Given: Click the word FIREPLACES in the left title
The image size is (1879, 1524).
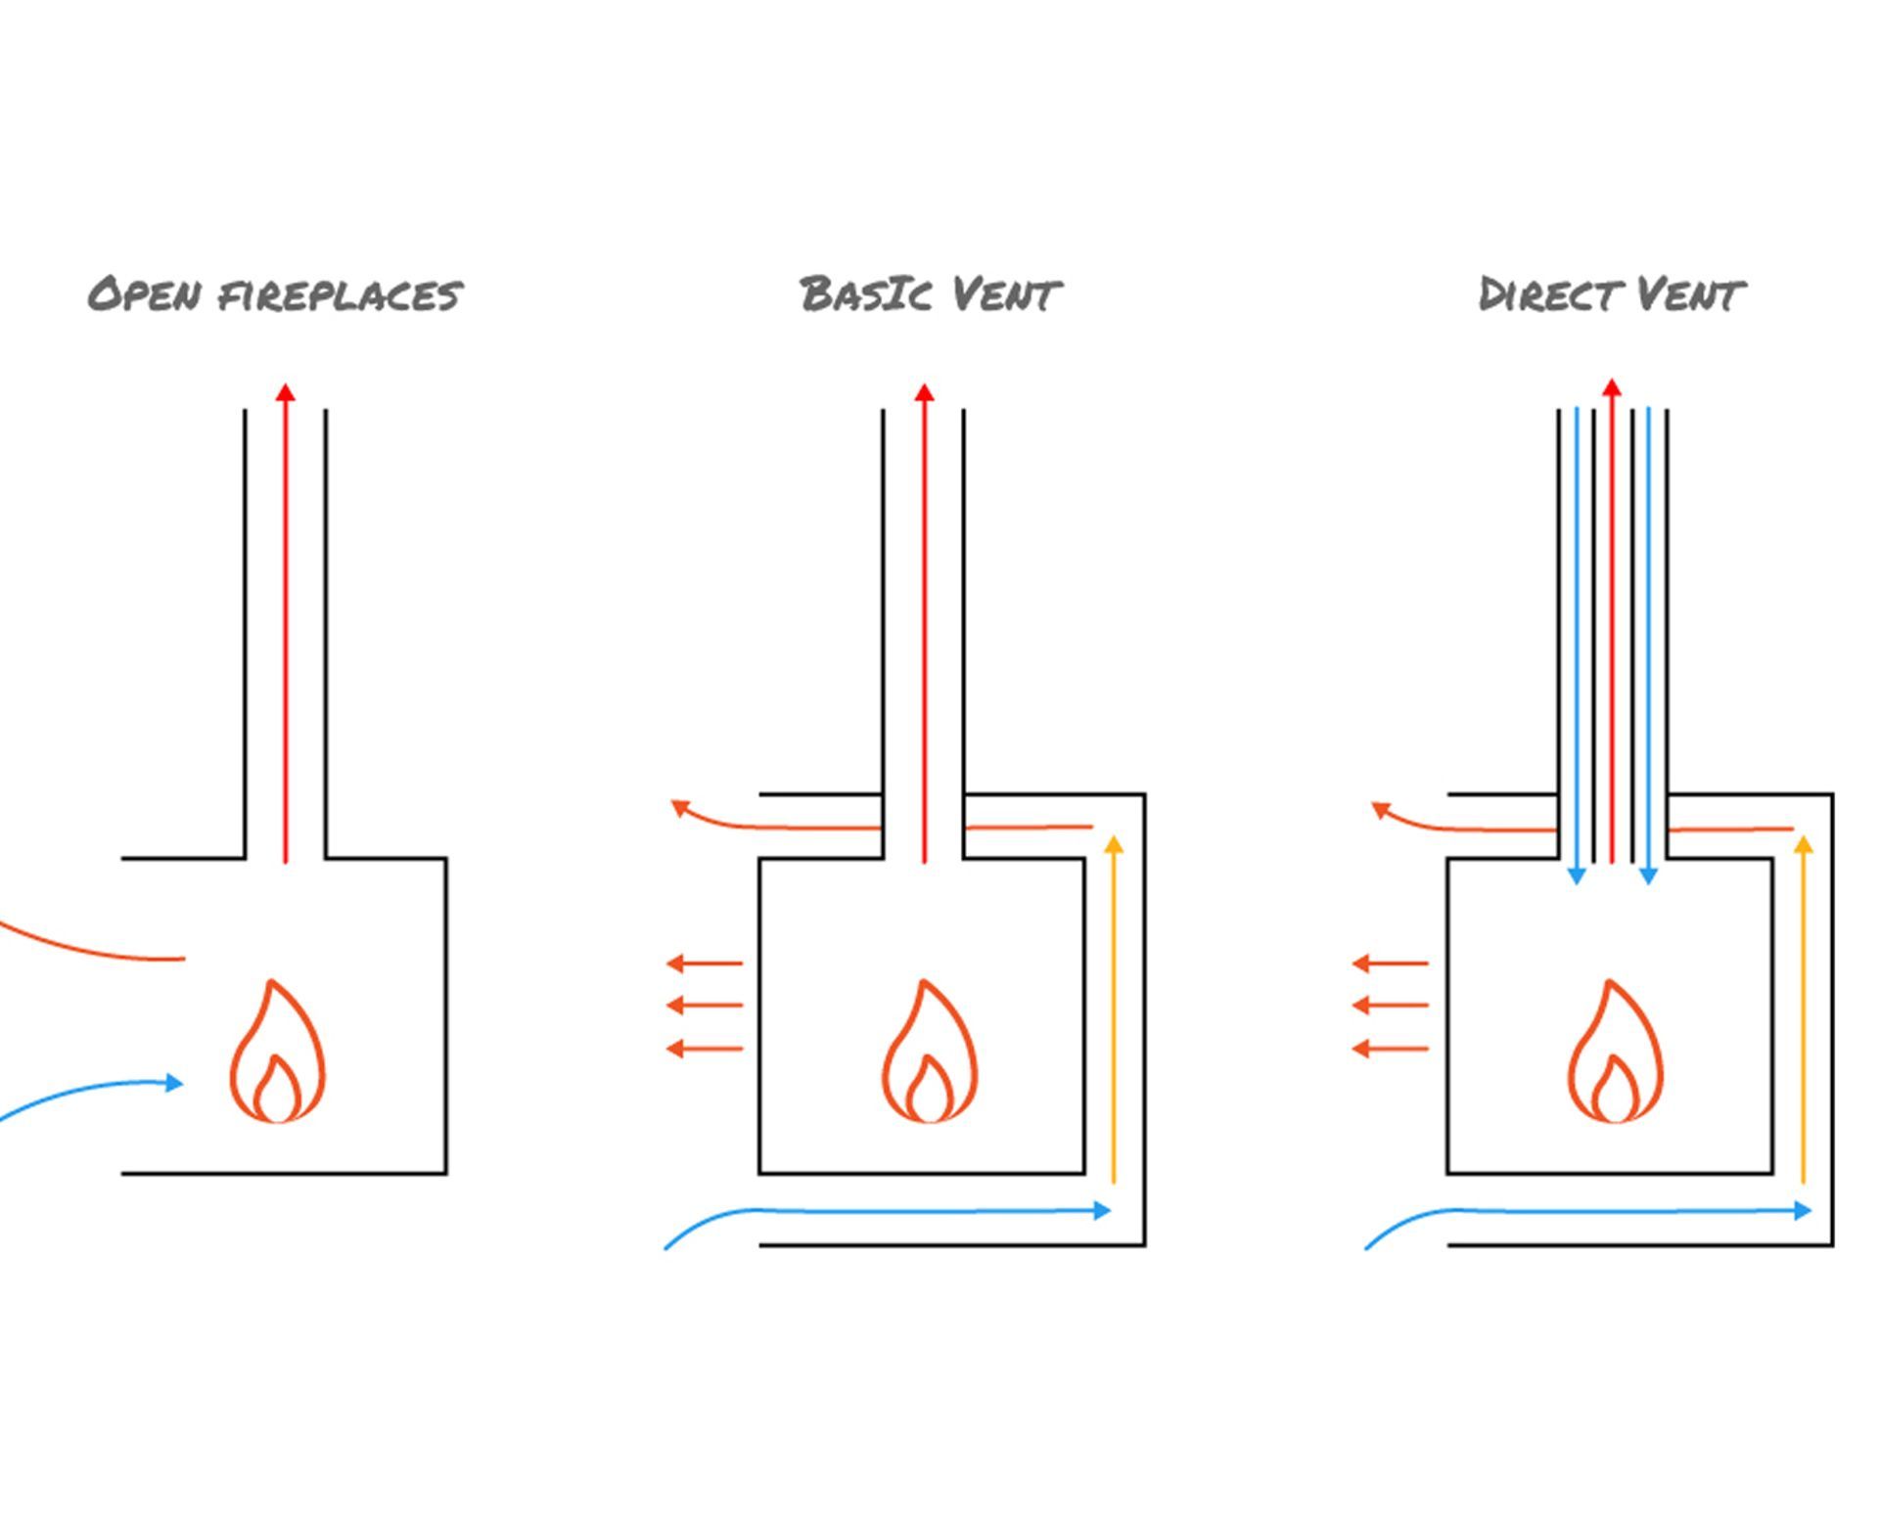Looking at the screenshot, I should [x=340, y=294].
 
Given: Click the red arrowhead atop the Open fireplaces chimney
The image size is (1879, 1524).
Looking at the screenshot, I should [x=285, y=393].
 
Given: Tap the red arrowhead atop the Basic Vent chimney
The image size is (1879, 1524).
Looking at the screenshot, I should [x=924, y=393].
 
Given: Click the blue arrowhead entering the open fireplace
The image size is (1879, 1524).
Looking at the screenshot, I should [x=174, y=1083].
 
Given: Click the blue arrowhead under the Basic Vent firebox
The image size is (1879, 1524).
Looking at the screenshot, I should [x=1102, y=1211].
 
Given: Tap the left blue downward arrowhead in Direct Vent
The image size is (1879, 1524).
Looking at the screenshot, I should [x=1577, y=875].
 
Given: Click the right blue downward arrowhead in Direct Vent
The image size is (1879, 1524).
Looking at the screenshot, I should [x=1648, y=875].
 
